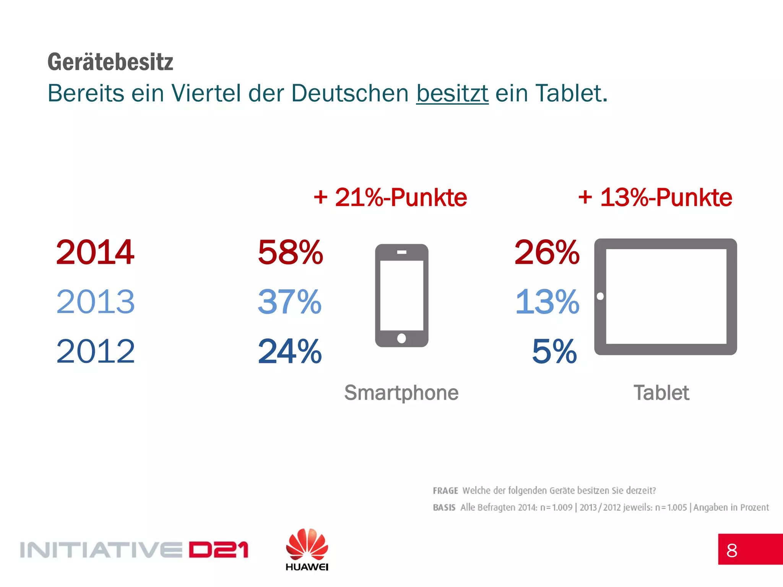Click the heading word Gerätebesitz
[x=110, y=62]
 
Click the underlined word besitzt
[x=452, y=93]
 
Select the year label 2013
[x=95, y=302]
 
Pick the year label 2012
[x=95, y=351]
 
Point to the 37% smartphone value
[x=290, y=302]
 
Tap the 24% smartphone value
[x=290, y=351]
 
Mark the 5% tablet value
[x=554, y=351]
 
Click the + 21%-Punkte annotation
[x=390, y=198]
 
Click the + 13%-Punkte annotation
[x=655, y=198]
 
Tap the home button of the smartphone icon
[x=401, y=338]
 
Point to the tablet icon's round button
[x=600, y=296]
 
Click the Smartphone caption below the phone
[x=401, y=393]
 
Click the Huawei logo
[x=307, y=549]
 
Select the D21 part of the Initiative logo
[x=218, y=550]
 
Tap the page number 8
[x=732, y=551]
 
